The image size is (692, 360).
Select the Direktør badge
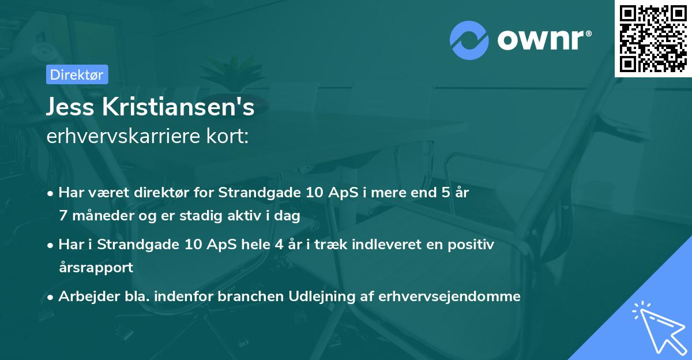pos(76,74)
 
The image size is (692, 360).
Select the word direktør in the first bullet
pos(152,193)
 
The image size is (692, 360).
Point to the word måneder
pos(97,216)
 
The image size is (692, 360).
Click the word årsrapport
pos(96,268)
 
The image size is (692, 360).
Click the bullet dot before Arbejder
pos(51,297)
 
